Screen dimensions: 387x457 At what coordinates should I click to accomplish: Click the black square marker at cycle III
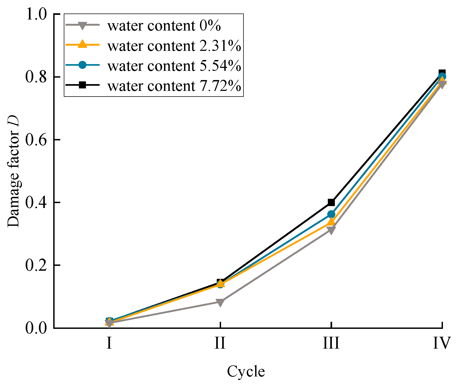point(331,202)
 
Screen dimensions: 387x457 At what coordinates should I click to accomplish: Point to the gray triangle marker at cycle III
point(331,230)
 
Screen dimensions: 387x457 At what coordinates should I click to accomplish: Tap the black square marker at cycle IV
point(442,73)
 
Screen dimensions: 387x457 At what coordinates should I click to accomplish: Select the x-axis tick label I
point(109,343)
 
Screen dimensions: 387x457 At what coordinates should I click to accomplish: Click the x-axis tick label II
point(220,343)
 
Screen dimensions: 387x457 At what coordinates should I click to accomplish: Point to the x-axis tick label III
point(331,343)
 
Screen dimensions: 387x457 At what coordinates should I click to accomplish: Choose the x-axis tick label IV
point(442,343)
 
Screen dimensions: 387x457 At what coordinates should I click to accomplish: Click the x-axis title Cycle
point(246,372)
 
